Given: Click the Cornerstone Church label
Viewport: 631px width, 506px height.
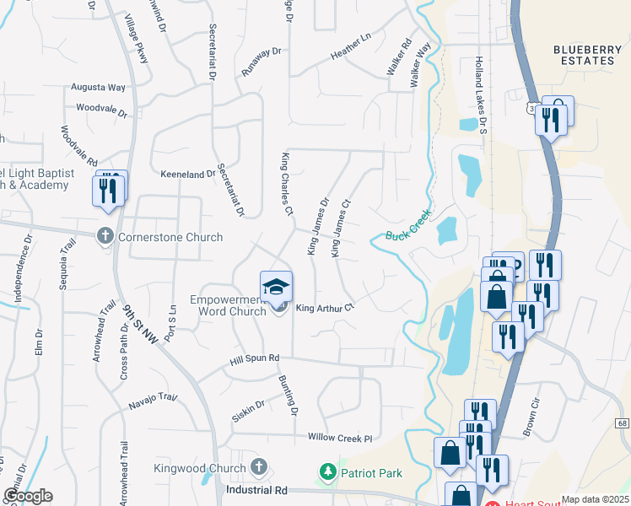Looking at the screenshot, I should (170, 237).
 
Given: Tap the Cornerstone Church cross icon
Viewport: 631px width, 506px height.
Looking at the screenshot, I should (105, 237).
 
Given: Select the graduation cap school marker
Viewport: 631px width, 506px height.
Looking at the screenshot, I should (276, 288).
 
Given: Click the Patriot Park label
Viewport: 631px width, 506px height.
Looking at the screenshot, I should (371, 472).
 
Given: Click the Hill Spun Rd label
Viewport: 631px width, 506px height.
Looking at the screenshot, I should (255, 359).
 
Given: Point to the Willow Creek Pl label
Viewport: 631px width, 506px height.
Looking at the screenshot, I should (340, 439).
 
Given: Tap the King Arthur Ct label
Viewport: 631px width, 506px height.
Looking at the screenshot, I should (325, 309).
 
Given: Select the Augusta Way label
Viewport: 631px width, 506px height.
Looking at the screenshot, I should (99, 87).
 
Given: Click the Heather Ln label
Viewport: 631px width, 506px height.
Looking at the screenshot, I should (351, 52).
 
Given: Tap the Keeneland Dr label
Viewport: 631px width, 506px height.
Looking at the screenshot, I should (188, 175).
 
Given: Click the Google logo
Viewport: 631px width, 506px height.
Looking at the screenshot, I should (27, 497).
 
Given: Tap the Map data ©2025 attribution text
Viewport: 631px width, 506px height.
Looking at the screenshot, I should (595, 499).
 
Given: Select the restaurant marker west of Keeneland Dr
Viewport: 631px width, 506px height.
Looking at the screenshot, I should (108, 190).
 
